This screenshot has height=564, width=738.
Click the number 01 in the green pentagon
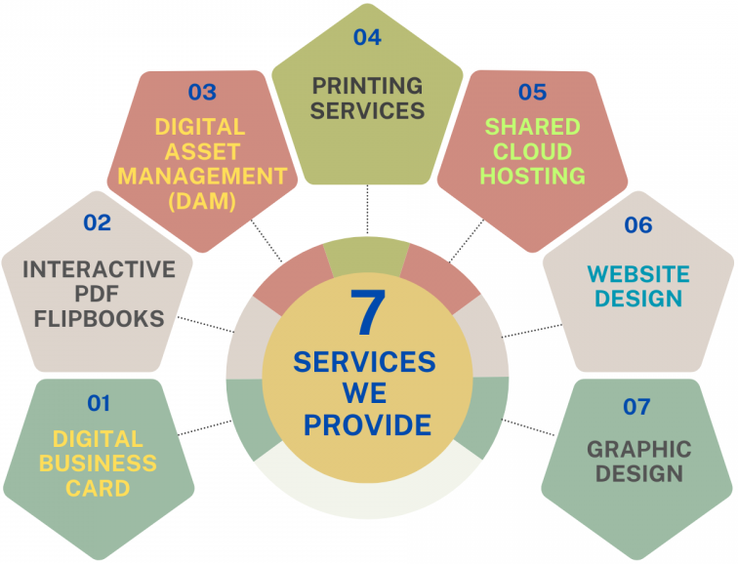tap(99, 402)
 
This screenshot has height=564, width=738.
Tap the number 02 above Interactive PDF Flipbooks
tap(97, 222)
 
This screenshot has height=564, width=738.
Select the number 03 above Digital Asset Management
tap(202, 93)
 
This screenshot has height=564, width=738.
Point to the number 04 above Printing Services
tap(367, 37)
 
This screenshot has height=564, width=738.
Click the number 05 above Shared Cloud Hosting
tap(532, 93)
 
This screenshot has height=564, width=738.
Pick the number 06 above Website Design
tap(637, 225)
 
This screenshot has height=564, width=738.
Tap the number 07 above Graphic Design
tap(636, 407)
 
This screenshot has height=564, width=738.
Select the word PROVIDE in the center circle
tap(365, 425)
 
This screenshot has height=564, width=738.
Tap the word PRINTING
tap(367, 86)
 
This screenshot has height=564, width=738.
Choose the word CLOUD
tap(532, 152)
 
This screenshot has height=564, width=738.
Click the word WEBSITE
tap(638, 274)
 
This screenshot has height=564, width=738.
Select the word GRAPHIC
tap(638, 450)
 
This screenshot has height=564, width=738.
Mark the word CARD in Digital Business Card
tap(98, 488)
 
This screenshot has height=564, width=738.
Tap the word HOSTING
tap(532, 177)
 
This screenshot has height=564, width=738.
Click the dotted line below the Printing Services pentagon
tap(367, 210)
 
